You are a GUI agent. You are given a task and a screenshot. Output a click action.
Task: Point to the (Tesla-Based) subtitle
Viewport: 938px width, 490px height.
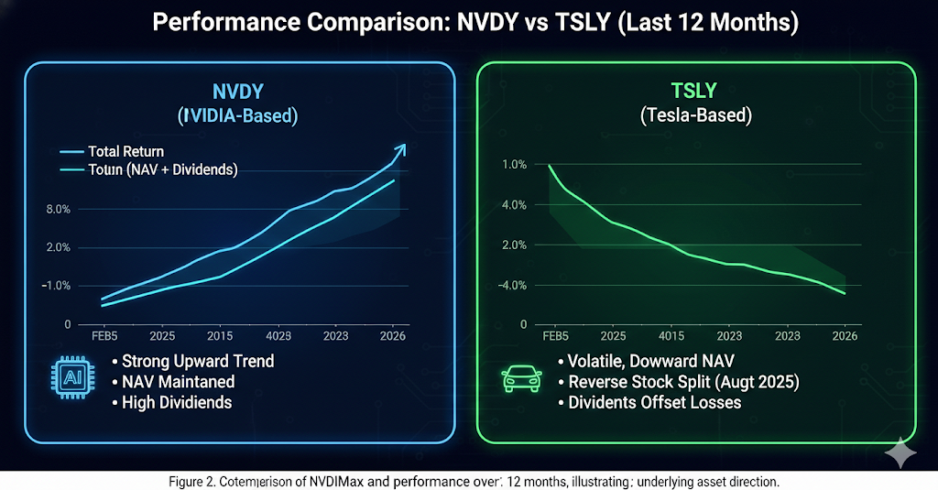click(695, 115)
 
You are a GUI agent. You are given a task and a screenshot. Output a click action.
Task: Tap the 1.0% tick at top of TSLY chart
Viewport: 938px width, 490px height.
click(514, 165)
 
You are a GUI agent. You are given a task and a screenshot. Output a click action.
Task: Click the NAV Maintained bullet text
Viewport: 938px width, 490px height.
click(178, 381)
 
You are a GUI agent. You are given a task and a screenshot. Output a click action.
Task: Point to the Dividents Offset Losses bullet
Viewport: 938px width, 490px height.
click(656, 402)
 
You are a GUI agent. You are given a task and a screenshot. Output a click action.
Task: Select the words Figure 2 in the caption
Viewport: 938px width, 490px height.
click(194, 481)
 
